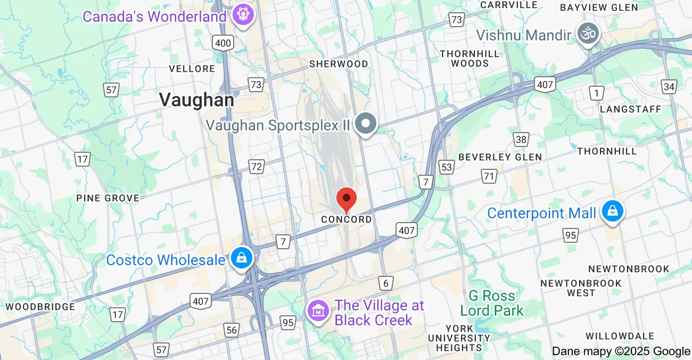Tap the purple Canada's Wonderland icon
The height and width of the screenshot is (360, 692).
point(244,15)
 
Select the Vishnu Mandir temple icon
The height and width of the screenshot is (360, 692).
point(589,35)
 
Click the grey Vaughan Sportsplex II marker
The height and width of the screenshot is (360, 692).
point(366,124)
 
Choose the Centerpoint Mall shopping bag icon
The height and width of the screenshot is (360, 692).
point(613,212)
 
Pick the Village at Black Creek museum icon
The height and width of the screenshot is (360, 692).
point(318,310)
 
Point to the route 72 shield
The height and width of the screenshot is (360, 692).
point(257,167)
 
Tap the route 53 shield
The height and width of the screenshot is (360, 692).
point(446,167)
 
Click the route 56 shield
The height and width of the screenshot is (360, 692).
point(232,330)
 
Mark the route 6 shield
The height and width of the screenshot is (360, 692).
point(386,283)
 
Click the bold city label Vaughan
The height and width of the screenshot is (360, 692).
point(196,100)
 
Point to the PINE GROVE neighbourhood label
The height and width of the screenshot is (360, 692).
point(108,198)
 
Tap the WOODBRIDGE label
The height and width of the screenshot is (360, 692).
point(40,307)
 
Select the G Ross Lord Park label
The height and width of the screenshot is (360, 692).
point(492,303)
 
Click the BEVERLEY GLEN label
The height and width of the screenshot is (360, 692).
point(500,157)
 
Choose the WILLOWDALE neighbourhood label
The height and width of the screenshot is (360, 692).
point(620,336)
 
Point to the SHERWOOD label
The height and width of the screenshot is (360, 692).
point(339,64)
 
